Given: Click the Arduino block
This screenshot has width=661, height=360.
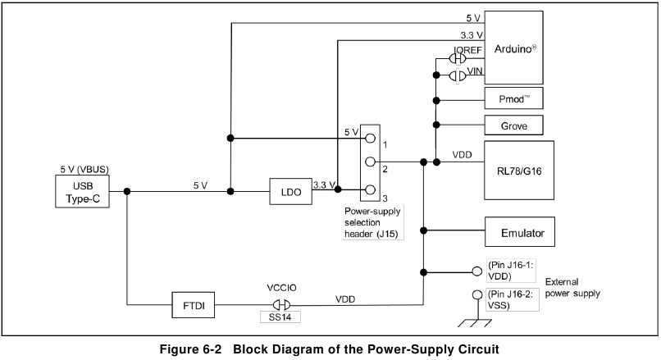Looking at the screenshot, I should (x=515, y=48).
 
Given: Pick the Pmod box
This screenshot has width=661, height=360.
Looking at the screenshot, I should (x=515, y=100).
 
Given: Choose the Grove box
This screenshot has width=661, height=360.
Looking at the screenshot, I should (x=515, y=126).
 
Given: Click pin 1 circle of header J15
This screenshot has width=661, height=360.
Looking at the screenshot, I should (x=371, y=138).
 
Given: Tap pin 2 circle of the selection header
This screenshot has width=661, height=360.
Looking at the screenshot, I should (x=371, y=162).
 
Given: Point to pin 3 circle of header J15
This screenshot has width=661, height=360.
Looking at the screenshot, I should (x=371, y=190).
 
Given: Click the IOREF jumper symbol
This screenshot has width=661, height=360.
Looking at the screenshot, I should (x=458, y=59).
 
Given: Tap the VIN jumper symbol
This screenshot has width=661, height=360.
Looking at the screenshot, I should (x=458, y=75).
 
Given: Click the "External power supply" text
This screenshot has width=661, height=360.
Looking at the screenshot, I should (x=572, y=286).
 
